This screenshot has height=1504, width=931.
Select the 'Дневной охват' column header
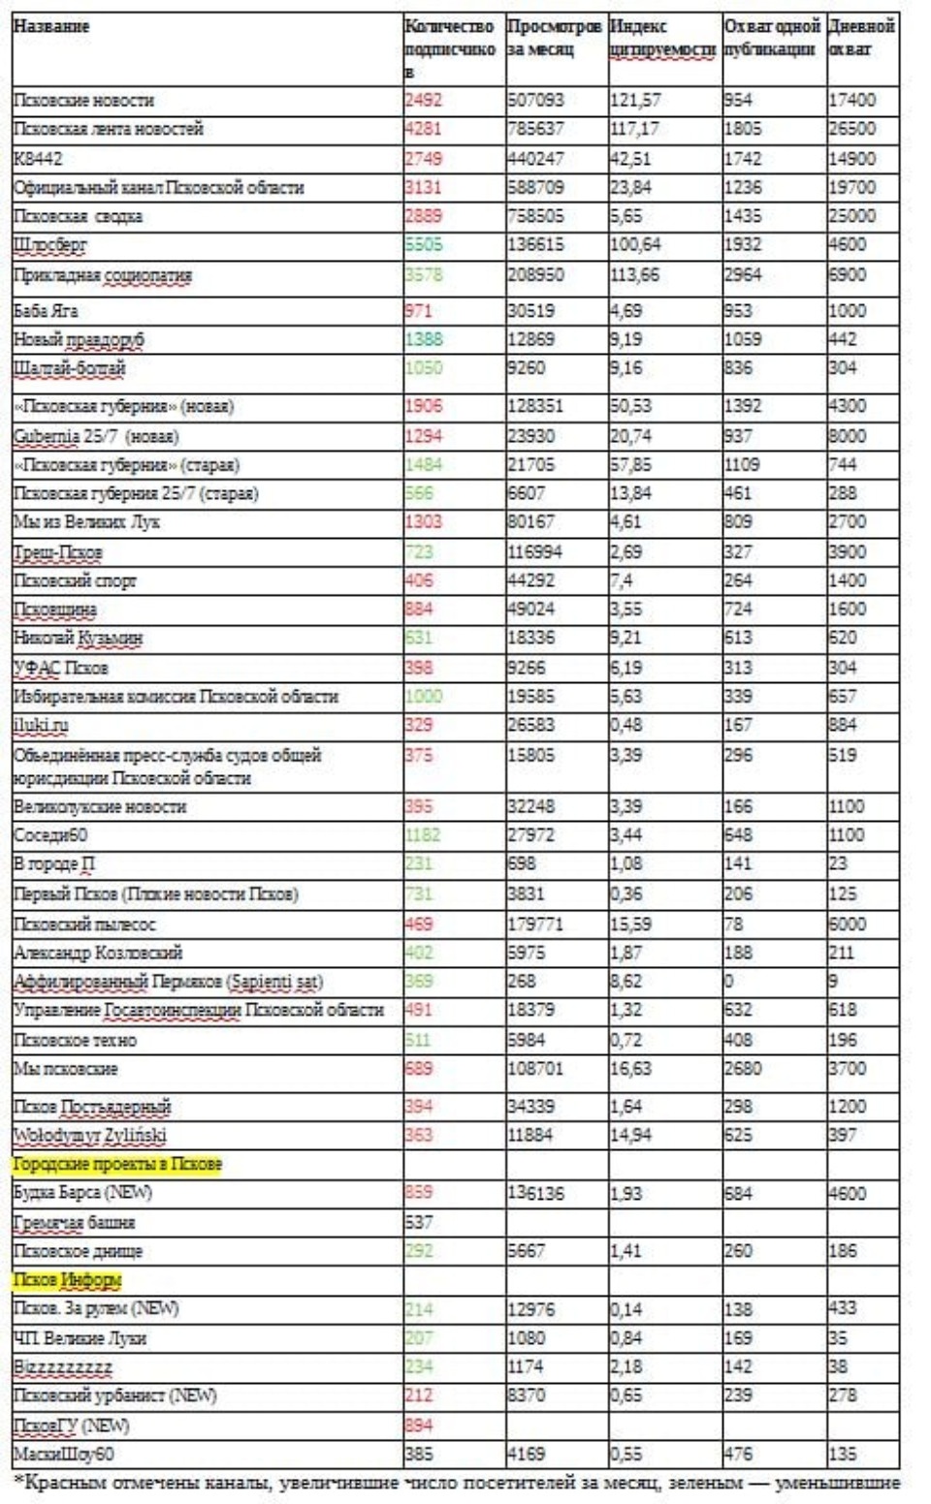tap(861, 38)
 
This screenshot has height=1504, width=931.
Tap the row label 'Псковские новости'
tap(83, 100)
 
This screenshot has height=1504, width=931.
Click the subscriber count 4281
tap(423, 129)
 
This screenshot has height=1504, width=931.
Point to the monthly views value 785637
tap(535, 129)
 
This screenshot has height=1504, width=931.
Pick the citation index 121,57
tap(635, 100)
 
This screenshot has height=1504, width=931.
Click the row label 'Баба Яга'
tap(46, 311)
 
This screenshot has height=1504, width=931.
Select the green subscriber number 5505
tap(423, 244)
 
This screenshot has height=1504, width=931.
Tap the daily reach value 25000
tap(851, 215)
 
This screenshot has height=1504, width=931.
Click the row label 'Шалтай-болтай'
tap(69, 368)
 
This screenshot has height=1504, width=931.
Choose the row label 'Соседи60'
tap(50, 834)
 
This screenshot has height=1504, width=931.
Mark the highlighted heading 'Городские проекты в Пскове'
tap(117, 1164)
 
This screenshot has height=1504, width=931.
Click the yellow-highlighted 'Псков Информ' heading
tap(67, 1280)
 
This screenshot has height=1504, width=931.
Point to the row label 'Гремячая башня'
tap(74, 1222)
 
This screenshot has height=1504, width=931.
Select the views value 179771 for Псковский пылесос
tap(535, 924)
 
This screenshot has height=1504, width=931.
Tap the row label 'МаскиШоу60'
tap(63, 1454)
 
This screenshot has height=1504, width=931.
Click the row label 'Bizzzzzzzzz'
tap(63, 1366)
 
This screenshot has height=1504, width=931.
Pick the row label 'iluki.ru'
tap(41, 725)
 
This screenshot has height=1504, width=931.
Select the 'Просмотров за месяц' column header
tap(554, 38)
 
